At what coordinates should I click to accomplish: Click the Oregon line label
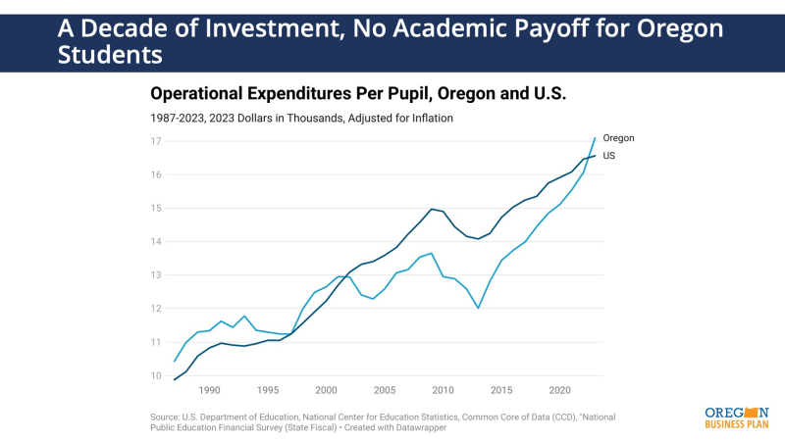(619, 138)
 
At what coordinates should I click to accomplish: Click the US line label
(609, 155)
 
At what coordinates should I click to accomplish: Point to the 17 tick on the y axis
(156, 141)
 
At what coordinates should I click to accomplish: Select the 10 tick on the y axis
(156, 375)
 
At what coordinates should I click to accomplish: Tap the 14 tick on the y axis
(156, 242)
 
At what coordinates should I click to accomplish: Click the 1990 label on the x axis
(210, 389)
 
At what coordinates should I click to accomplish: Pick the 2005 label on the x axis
(385, 389)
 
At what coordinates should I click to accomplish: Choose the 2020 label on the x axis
(559, 389)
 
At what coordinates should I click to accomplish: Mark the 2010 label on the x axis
(443, 389)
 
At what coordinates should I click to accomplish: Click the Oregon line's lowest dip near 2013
(478, 308)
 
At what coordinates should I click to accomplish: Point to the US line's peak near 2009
(431, 209)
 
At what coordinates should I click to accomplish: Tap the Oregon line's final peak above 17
(595, 137)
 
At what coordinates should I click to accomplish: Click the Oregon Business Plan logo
(736, 416)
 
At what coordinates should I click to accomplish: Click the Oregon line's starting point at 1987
(175, 361)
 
